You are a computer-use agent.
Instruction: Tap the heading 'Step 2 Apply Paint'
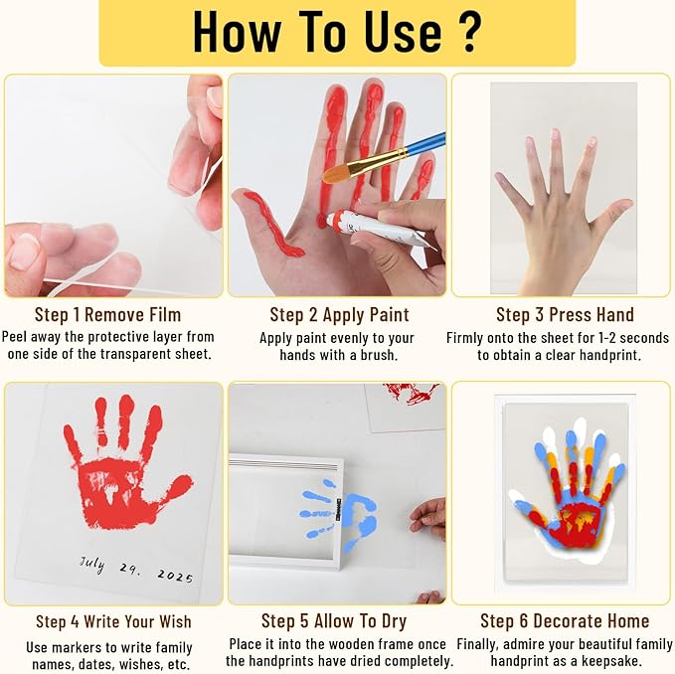pyautogui.click(x=337, y=314)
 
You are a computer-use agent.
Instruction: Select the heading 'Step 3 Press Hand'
pyautogui.click(x=564, y=314)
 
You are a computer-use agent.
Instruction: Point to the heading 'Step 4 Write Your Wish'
pyautogui.click(x=112, y=621)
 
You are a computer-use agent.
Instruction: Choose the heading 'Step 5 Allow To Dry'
pyautogui.click(x=337, y=621)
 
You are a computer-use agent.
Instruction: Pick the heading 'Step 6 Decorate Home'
pyautogui.click(x=564, y=621)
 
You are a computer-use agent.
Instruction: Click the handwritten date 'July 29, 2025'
pyautogui.click(x=136, y=569)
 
